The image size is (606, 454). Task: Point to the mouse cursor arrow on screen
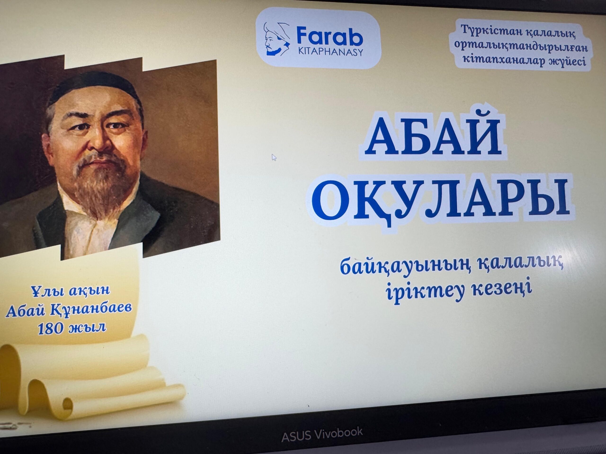[274, 158]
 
